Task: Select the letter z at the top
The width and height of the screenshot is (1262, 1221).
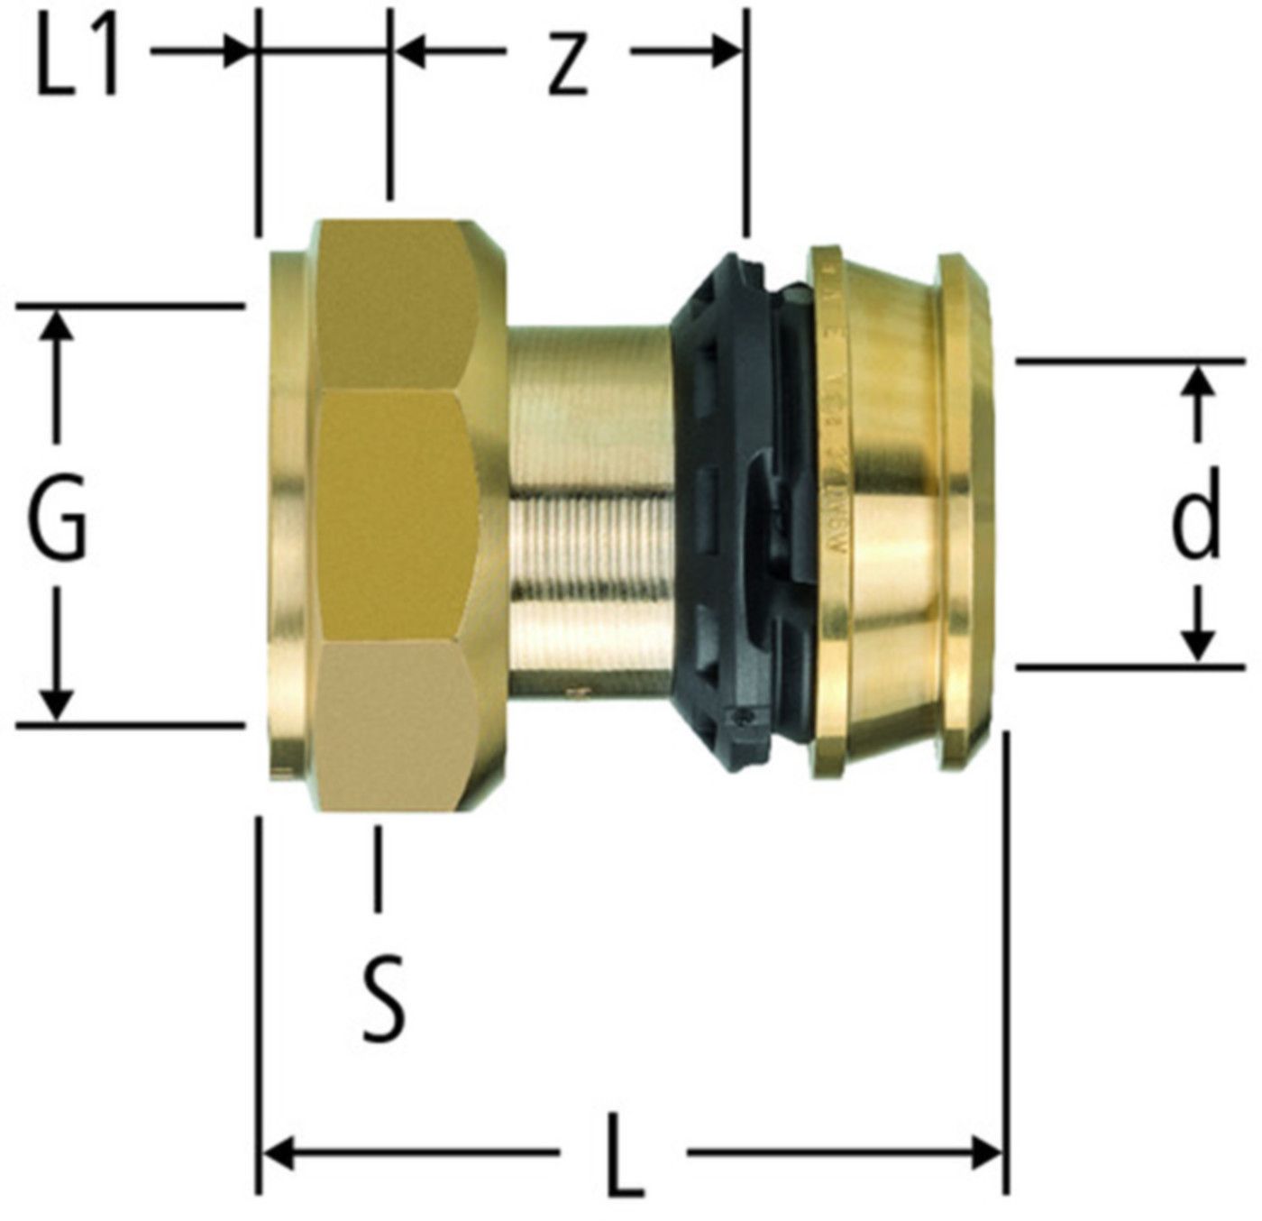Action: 568,67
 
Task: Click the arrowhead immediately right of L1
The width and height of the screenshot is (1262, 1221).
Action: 237,51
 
